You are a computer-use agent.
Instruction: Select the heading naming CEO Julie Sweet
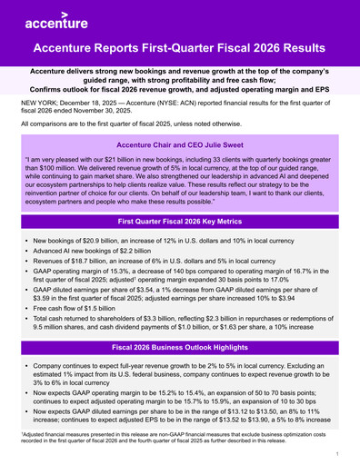(x=180, y=143)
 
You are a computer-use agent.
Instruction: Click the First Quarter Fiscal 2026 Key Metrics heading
(x=180, y=221)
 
